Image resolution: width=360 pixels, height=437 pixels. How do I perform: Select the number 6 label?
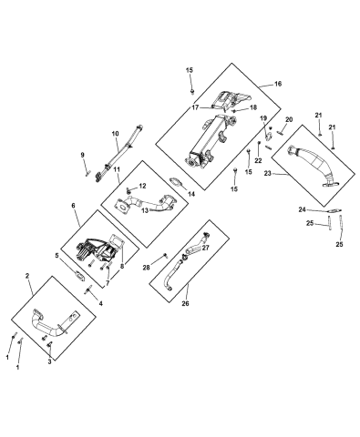tap(74, 208)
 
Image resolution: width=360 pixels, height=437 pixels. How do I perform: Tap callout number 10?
tap(115, 134)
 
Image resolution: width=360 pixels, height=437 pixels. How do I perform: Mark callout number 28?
tap(147, 267)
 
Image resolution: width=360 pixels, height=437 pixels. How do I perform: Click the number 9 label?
tap(81, 155)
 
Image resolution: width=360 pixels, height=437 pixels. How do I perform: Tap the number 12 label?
tap(142, 186)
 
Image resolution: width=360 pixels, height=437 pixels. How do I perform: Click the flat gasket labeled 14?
tap(170, 191)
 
